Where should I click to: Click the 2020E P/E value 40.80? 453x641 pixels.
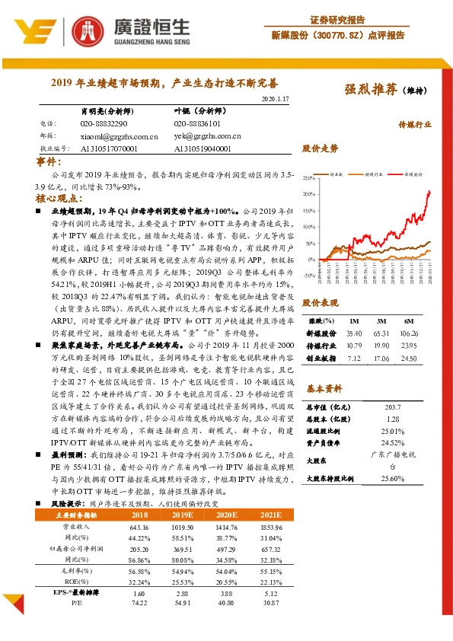pos(227,602)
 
